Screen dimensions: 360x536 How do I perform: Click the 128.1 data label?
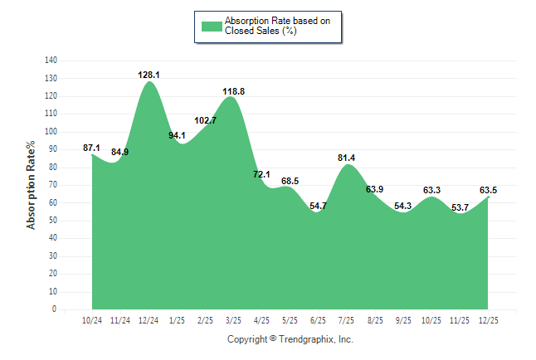click(x=149, y=75)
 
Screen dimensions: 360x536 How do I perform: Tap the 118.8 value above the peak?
click(x=234, y=91)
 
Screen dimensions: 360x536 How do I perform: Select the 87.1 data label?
click(x=92, y=148)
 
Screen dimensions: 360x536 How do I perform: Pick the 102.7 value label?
click(x=205, y=120)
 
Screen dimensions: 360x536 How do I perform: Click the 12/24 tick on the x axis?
click(x=149, y=320)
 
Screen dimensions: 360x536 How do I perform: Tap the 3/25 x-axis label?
click(x=234, y=320)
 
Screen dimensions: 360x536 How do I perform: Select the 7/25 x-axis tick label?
click(x=347, y=320)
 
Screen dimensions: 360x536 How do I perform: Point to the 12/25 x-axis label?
click(x=489, y=320)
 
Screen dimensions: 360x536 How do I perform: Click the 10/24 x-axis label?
click(x=92, y=320)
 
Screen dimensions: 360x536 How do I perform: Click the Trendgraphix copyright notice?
click(x=290, y=339)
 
